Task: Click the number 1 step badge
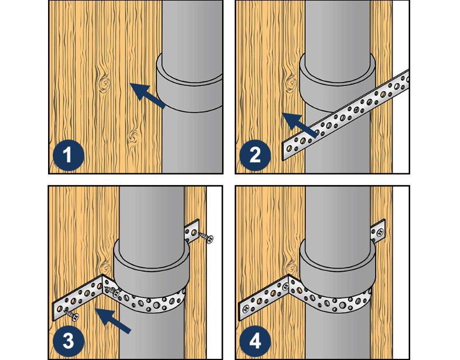tap(69, 155)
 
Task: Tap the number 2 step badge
tap(255, 155)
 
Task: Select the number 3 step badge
tap(69, 341)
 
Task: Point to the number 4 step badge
tap(255, 341)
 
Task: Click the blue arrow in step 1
tap(148, 95)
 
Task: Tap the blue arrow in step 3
tap(113, 320)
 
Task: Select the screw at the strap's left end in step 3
tap(71, 314)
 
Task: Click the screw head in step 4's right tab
tap(380, 232)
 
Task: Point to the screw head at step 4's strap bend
tap(284, 287)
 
